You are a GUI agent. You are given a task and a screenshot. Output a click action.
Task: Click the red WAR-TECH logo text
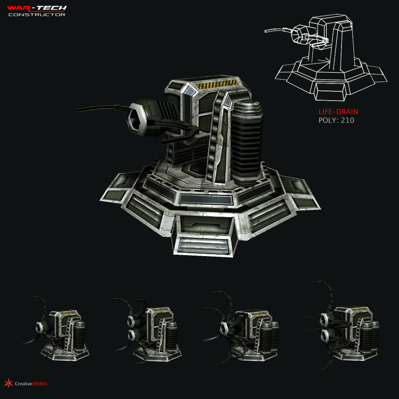pos(37,8)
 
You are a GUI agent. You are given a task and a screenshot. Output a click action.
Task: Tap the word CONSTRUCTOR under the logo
pos(37,15)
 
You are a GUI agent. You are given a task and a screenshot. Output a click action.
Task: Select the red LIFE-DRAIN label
pos(334,112)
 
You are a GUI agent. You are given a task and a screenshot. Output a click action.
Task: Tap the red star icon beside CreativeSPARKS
pos(8,383)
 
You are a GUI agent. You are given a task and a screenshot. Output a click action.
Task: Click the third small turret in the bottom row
pos(241,330)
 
